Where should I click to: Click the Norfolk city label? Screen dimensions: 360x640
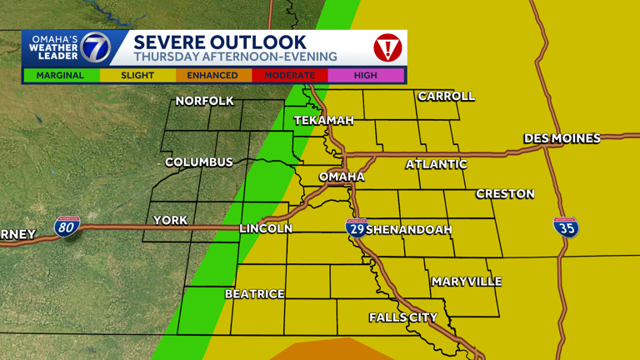(205, 102)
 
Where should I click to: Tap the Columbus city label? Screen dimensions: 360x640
(198, 162)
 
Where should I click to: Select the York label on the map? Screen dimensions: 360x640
(171, 221)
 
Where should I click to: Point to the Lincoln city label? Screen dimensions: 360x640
(266, 228)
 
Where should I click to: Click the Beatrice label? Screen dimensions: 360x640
(255, 294)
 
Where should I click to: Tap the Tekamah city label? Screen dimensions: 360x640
(324, 121)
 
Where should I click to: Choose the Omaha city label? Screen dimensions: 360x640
(342, 177)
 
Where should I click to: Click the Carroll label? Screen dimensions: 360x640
(446, 97)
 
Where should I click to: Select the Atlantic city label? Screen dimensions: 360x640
(436, 164)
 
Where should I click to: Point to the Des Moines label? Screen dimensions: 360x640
(562, 138)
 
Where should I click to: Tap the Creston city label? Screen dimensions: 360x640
(505, 194)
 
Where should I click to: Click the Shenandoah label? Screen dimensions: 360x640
(408, 229)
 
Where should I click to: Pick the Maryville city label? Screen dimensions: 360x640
(467, 282)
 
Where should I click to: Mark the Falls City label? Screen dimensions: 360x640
(403, 317)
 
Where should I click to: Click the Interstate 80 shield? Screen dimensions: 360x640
(67, 226)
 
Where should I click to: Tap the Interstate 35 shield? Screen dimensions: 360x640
(566, 227)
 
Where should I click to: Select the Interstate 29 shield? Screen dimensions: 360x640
(356, 227)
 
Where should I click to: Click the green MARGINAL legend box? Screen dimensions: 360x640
(60, 75)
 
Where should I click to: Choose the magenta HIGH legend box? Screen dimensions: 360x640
(365, 75)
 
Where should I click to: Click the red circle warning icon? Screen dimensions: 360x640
(387, 47)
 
